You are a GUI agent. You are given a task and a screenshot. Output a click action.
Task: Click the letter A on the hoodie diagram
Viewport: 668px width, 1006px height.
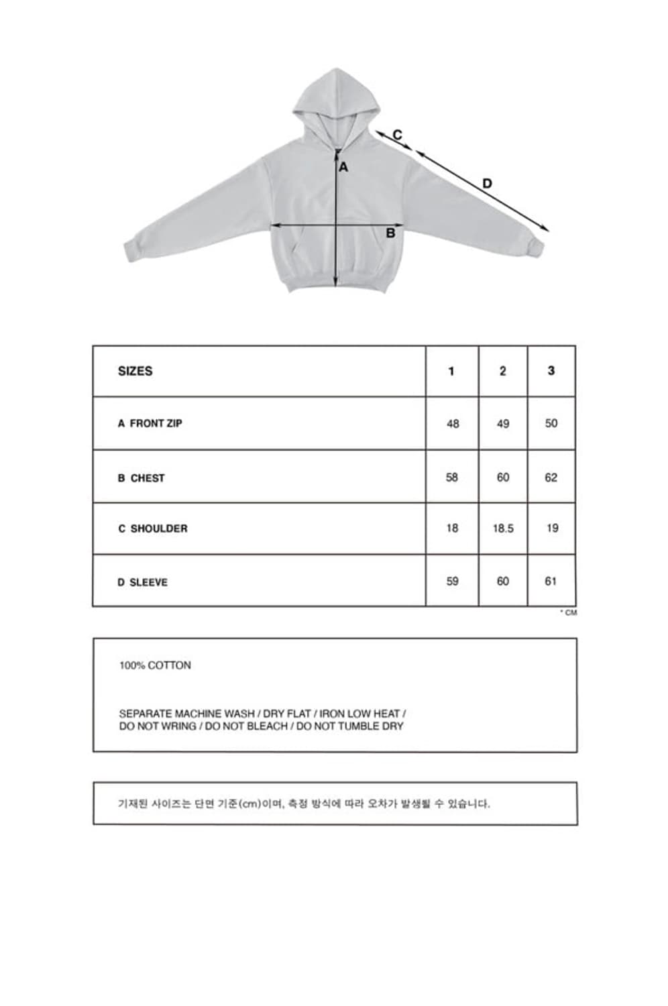(343, 167)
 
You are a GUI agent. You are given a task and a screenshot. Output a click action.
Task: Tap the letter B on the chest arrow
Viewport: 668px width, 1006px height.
(390, 233)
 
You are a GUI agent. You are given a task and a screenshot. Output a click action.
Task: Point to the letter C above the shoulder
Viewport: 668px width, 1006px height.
(397, 135)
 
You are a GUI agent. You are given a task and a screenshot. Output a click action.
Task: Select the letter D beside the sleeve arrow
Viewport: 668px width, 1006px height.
(487, 184)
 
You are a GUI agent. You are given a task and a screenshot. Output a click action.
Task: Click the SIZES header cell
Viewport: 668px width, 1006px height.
(135, 371)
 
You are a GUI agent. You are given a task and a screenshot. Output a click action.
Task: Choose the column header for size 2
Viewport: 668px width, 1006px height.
(502, 371)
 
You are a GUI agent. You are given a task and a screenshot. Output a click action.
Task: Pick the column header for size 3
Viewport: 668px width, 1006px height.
(551, 371)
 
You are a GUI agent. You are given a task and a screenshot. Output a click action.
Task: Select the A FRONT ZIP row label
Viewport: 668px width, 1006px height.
(150, 423)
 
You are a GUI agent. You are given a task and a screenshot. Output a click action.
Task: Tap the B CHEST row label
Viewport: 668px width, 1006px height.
(141, 478)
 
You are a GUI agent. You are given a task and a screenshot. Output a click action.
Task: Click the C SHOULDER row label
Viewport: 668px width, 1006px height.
(153, 528)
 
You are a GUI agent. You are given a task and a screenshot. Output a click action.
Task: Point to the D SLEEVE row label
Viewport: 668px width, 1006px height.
(142, 582)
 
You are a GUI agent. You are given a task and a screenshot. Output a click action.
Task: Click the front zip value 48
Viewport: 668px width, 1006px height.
(453, 424)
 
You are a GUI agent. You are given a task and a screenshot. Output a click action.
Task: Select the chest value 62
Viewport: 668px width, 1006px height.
(551, 478)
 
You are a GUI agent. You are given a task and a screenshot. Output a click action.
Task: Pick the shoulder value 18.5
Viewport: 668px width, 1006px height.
(502, 528)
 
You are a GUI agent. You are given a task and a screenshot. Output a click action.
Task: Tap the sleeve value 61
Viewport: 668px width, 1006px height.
(551, 581)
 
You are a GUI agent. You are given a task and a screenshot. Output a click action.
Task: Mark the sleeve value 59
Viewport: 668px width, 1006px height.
(453, 581)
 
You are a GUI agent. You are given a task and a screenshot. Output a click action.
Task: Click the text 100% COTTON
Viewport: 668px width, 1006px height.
(155, 665)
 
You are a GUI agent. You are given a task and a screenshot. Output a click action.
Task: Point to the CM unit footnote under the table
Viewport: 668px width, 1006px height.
(569, 612)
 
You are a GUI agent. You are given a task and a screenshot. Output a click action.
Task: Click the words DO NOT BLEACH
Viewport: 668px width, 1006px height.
(247, 726)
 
